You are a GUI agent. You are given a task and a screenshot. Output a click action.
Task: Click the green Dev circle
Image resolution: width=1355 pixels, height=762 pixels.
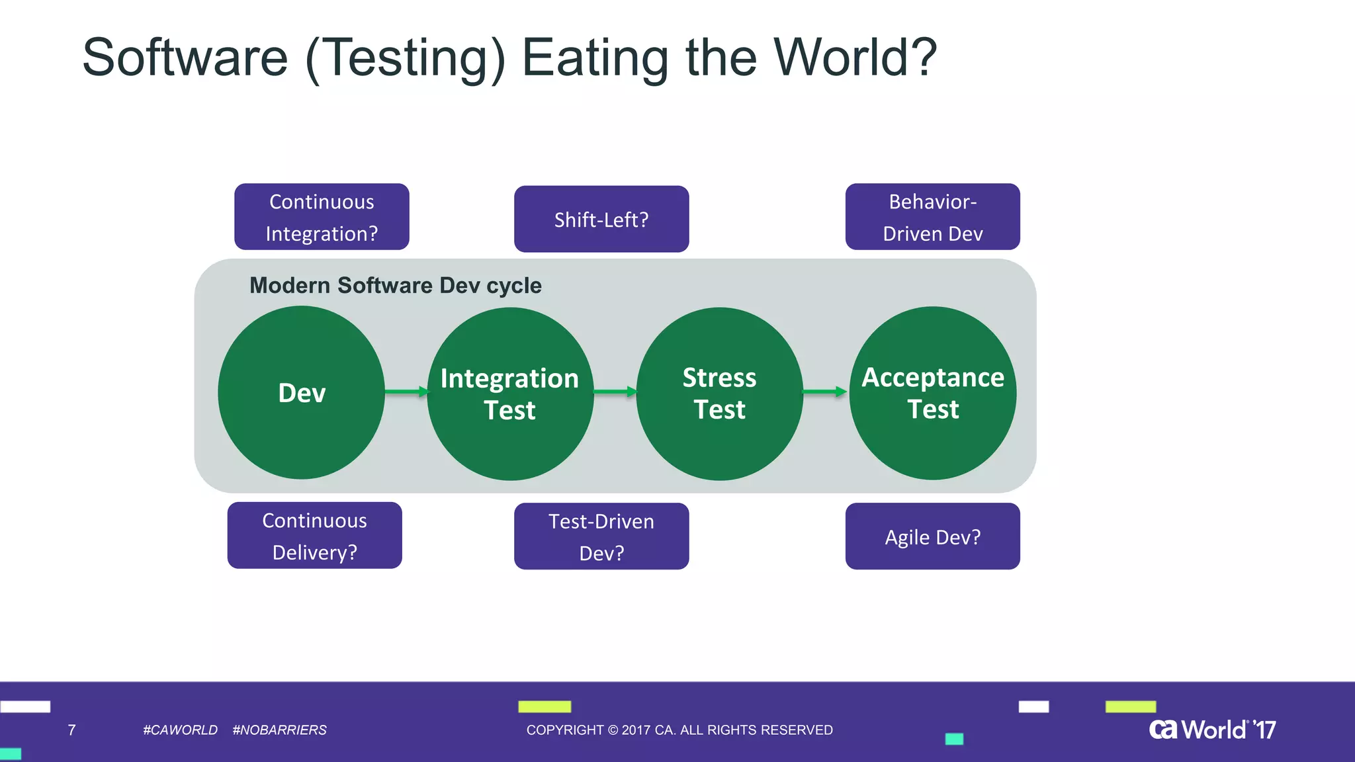[x=301, y=392]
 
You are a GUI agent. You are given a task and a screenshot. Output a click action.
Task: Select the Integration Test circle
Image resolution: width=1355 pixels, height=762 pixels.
[x=510, y=394]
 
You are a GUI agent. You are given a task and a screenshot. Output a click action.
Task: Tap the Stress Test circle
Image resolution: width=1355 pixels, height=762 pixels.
[x=719, y=394]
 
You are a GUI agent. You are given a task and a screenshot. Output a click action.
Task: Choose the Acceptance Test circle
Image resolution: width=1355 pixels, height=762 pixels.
[x=933, y=393]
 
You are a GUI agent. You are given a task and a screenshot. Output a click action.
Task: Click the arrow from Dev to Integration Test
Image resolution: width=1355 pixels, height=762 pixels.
[x=406, y=392]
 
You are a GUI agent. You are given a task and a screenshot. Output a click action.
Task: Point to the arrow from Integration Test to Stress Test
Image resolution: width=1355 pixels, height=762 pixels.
[x=615, y=392]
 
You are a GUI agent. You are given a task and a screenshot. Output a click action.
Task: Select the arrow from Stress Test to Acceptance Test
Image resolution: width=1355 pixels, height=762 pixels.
[x=824, y=392]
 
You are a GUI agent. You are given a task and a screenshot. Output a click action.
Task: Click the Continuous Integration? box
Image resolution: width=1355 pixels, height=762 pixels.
[x=322, y=217]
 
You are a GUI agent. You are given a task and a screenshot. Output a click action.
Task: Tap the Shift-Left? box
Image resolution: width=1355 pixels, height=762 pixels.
[x=601, y=219]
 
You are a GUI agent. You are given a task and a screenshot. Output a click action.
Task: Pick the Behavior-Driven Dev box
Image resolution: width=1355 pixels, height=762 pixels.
[x=932, y=217]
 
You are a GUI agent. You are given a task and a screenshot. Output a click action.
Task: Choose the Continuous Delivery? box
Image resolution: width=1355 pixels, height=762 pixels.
[x=314, y=535]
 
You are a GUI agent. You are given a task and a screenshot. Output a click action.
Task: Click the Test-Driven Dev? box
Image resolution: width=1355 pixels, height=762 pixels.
[x=601, y=536]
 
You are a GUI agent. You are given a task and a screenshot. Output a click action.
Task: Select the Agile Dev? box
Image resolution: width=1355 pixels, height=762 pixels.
[x=932, y=536]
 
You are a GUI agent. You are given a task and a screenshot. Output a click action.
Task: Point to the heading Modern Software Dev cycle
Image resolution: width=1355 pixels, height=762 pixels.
[x=395, y=285]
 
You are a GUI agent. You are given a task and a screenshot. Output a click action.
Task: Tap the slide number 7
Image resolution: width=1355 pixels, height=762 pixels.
[x=71, y=730]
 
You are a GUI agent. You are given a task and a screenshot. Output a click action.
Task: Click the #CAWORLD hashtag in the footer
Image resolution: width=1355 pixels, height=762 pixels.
[x=180, y=730]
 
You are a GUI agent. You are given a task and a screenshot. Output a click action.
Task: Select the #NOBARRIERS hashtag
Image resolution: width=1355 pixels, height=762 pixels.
[x=279, y=730]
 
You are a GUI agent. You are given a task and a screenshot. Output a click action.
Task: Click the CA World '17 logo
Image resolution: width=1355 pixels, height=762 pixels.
[x=1212, y=729]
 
